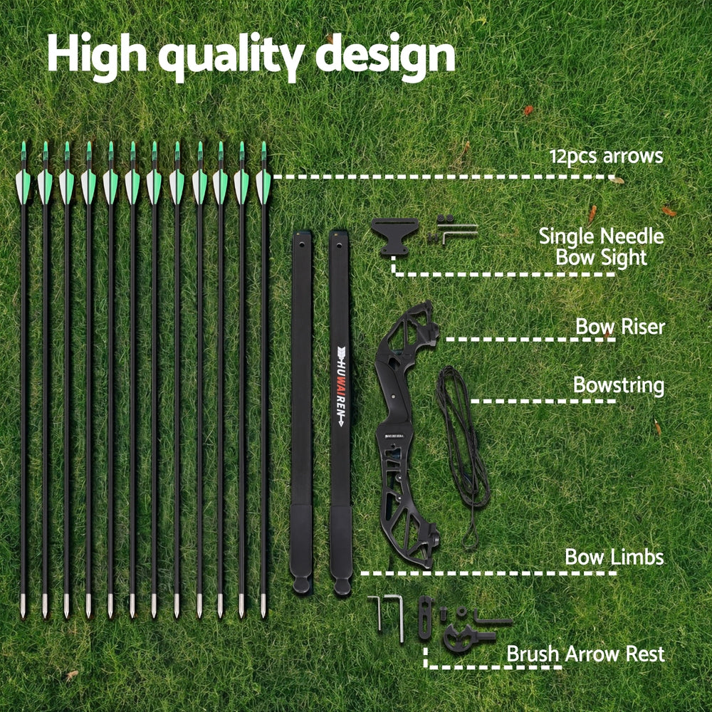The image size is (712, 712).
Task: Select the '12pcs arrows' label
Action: [606, 156]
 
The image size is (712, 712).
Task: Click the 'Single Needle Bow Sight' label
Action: [601, 246]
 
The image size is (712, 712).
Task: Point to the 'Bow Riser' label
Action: [619, 327]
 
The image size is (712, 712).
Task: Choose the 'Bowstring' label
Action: [618, 386]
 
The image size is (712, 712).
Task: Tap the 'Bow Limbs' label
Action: [614, 557]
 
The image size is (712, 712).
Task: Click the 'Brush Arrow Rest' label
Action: [585, 654]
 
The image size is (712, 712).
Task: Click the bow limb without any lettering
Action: [301, 406]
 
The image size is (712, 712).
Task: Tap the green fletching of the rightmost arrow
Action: [263, 182]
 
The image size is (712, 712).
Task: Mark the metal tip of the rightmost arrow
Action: [263, 607]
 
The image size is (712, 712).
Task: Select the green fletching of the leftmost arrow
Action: [23, 182]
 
